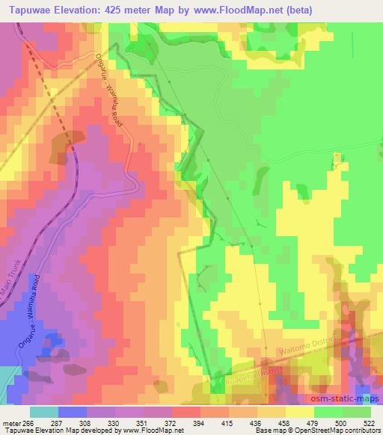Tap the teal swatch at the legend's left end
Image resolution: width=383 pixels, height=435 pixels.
pyautogui.click(x=43, y=411)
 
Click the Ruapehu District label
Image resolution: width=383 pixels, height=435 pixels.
pyautogui.click(x=251, y=374)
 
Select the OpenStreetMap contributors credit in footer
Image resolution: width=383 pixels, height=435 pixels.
pyautogui.click(x=331, y=431)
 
